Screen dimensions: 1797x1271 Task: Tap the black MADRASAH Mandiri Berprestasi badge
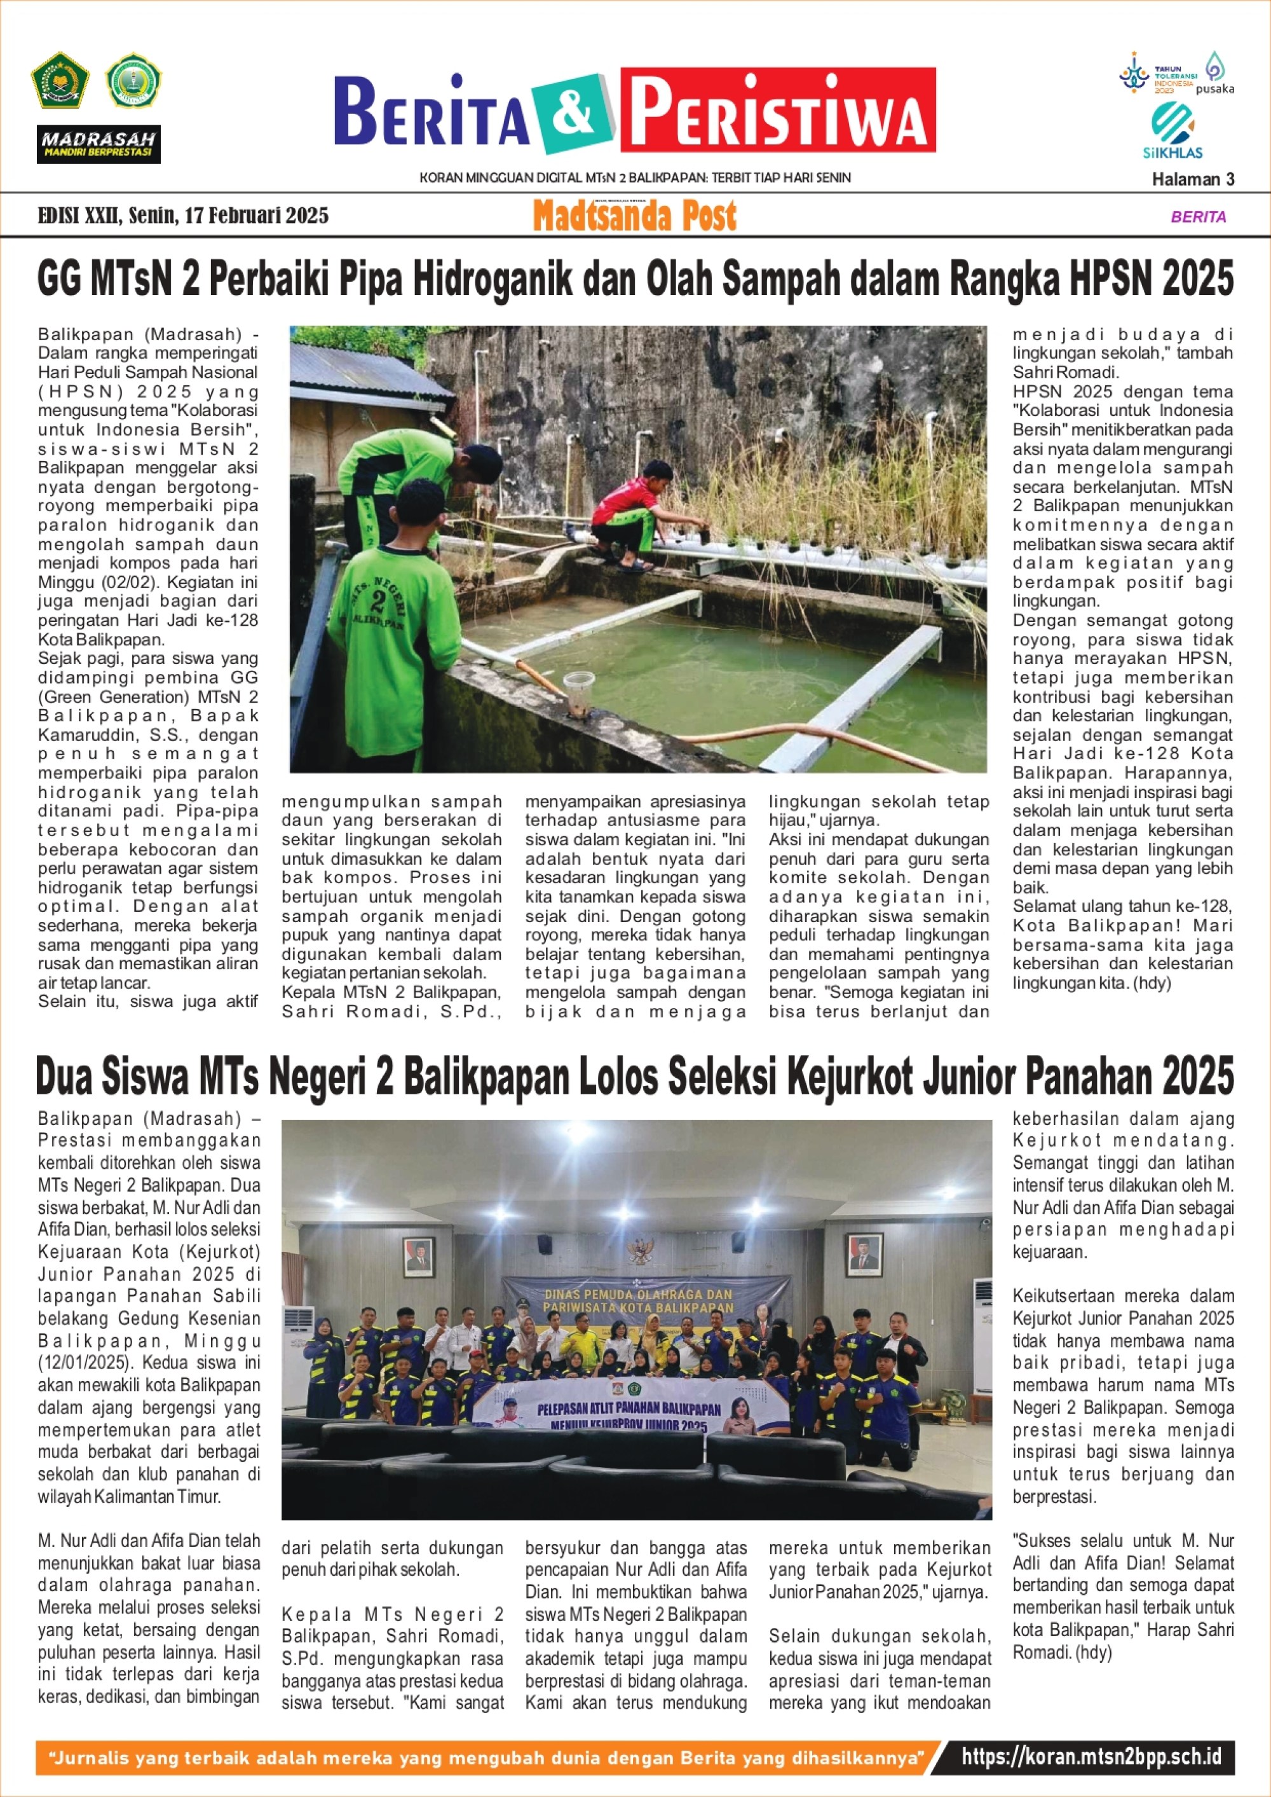[99, 145]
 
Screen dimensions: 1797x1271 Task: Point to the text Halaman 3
[1193, 179]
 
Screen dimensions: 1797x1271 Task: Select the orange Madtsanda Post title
[635, 216]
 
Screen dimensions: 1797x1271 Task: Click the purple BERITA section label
[1198, 217]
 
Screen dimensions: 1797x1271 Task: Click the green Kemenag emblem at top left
[60, 80]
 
